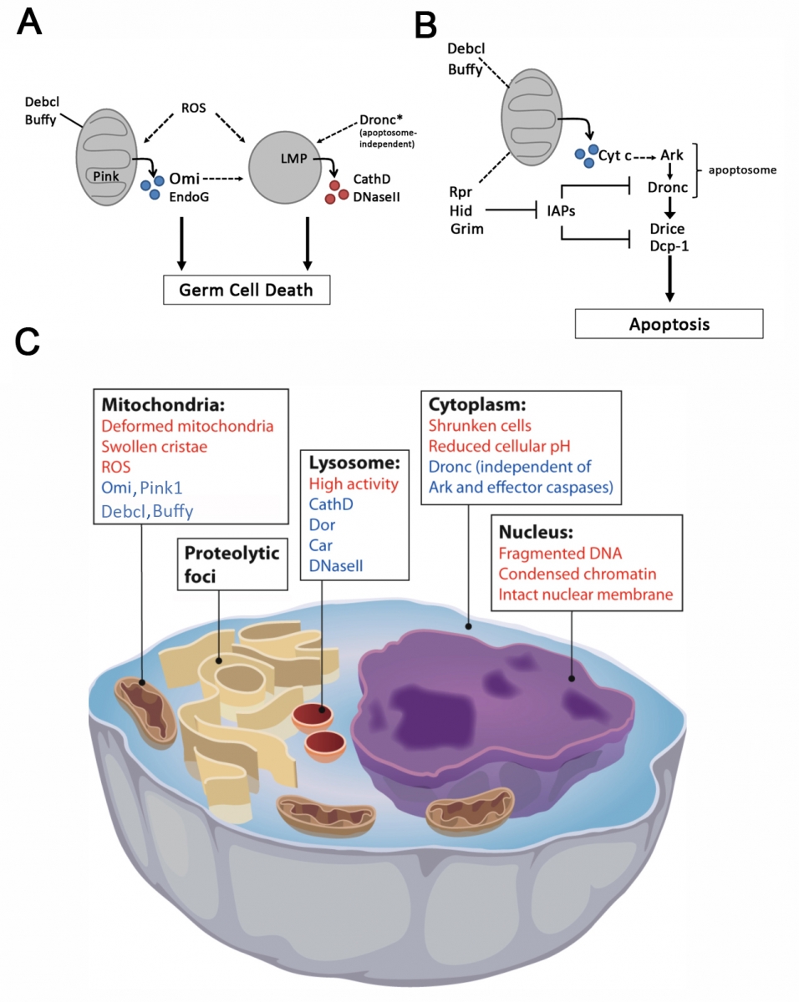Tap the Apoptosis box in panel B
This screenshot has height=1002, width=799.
point(668,324)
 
